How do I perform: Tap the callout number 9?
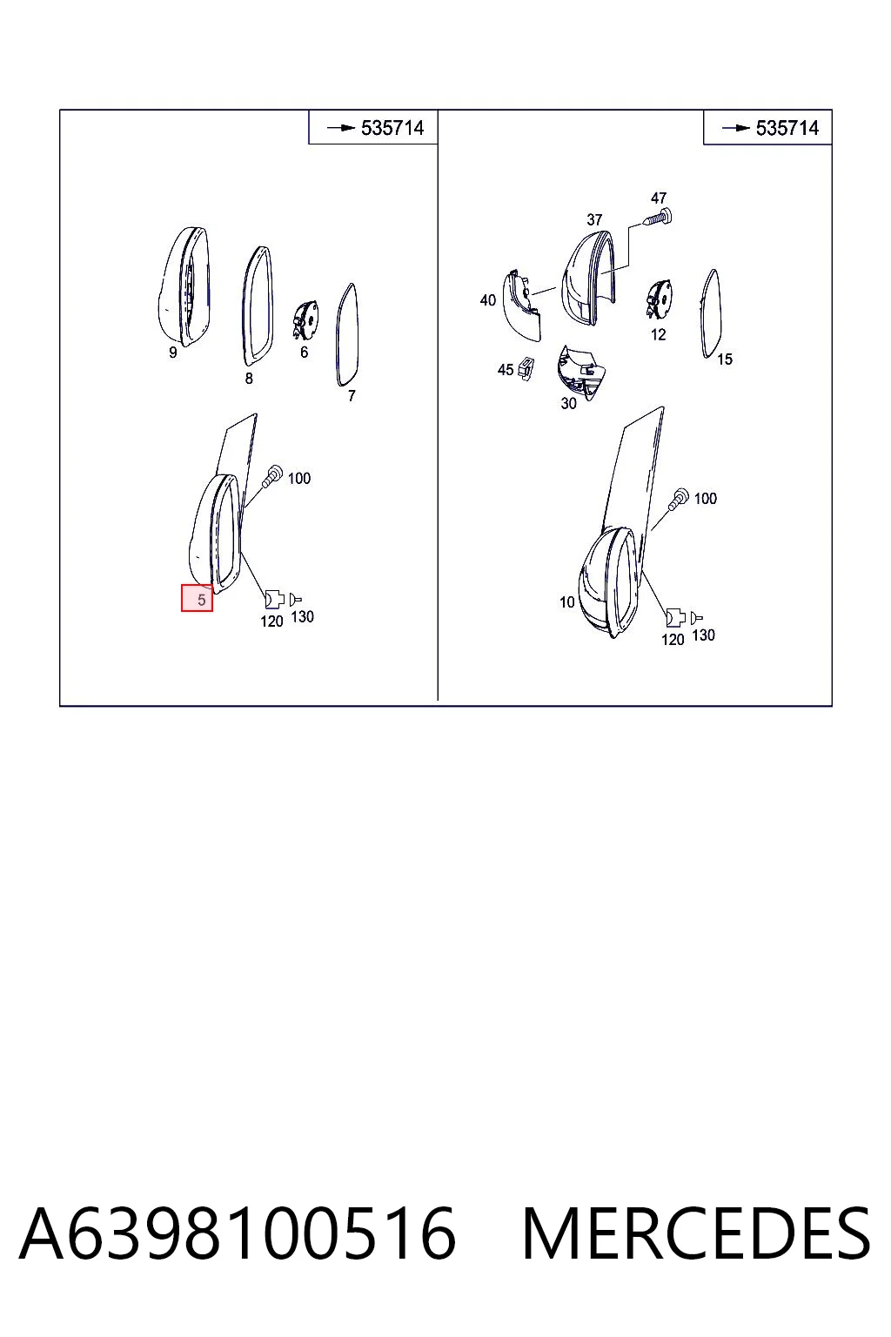(172, 353)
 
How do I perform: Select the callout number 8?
(249, 379)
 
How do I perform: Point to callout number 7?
(352, 395)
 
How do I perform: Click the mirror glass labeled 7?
(347, 334)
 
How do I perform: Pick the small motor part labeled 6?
(305, 320)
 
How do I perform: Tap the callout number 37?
(593, 219)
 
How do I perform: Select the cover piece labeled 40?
(523, 306)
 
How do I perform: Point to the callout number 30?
(569, 404)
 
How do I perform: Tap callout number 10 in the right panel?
(567, 602)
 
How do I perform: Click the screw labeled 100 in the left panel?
(273, 475)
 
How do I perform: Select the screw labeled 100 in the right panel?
(680, 499)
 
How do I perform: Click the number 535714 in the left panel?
(392, 128)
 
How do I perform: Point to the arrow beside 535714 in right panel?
(735, 128)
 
